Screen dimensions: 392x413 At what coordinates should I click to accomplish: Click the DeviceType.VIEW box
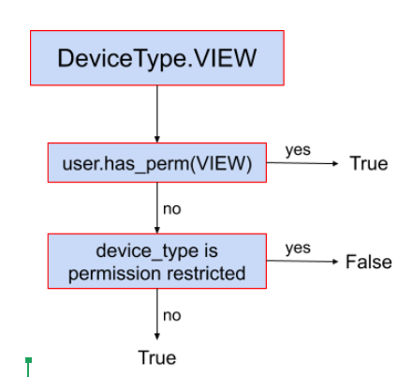click(x=156, y=58)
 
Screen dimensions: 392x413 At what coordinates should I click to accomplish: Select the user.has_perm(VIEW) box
click(x=156, y=163)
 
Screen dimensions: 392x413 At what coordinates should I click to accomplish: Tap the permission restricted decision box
click(x=156, y=263)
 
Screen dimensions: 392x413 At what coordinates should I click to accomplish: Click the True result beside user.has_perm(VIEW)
click(x=368, y=164)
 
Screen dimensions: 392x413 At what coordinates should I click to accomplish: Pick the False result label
click(x=368, y=262)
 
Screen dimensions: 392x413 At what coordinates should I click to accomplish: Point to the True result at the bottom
click(x=156, y=357)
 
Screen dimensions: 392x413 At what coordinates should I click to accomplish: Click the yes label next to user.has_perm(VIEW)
click(x=297, y=150)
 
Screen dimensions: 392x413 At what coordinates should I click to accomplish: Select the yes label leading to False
click(x=297, y=249)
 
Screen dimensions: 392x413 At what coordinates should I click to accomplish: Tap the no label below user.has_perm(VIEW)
click(x=172, y=208)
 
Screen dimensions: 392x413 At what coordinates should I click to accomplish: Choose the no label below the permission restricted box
click(x=172, y=316)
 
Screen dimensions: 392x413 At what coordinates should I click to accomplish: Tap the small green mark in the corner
click(x=29, y=366)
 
